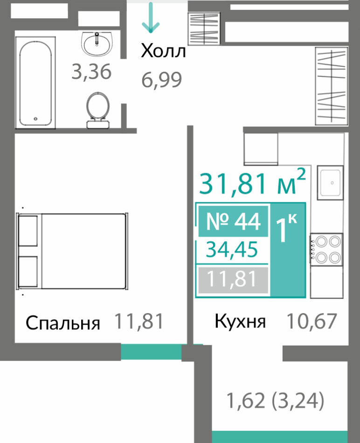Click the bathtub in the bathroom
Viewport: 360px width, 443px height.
35,82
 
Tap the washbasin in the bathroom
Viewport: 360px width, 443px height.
97,44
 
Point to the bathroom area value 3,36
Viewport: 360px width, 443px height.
91,72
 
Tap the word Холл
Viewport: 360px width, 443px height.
164,51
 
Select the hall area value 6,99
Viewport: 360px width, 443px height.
161,80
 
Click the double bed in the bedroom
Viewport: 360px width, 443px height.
72,251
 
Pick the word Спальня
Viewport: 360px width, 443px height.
63,323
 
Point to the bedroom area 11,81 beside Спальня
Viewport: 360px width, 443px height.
139,321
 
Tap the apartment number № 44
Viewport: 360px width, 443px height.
233,222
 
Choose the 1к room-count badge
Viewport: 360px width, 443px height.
287,250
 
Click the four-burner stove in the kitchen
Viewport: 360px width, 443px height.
326,250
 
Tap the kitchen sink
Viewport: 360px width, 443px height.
330,183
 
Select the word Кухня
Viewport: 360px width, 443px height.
240,321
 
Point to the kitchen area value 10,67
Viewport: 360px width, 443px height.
312,321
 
